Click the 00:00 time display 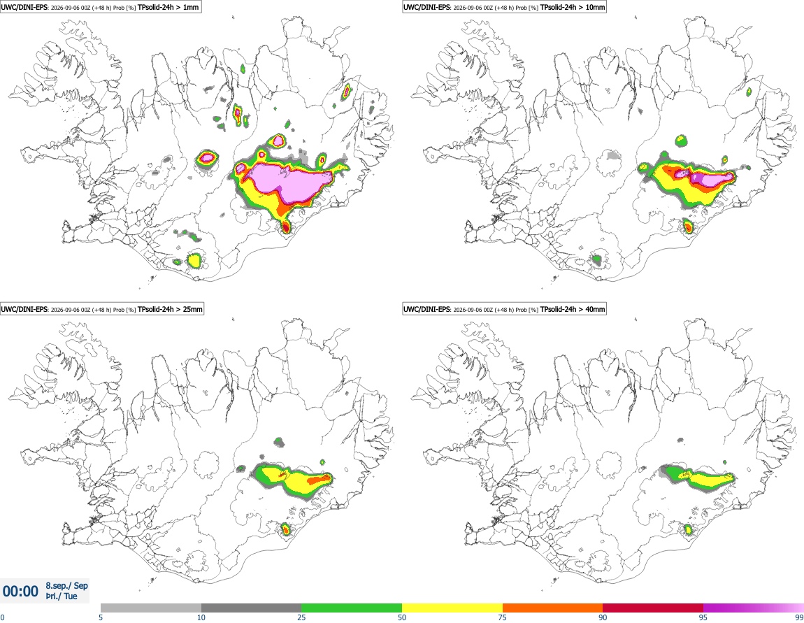(20, 592)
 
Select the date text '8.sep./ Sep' (66, 585)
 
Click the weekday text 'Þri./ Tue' (62, 596)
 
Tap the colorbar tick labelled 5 (101, 617)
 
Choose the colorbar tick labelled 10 (201, 617)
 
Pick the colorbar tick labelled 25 (301, 617)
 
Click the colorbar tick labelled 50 (402, 617)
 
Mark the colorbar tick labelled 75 (503, 617)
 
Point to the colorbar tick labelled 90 (603, 617)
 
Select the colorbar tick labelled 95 (703, 617)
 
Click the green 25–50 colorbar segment (352, 608)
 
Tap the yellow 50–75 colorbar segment (452, 608)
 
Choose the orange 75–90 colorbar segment (552, 608)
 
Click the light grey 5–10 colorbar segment (151, 608)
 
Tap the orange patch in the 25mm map (320, 480)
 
